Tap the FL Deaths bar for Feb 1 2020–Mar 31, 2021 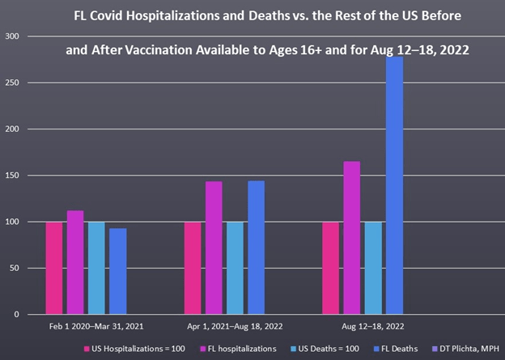(x=118, y=271)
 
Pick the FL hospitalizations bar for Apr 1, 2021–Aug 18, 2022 (x=214, y=248)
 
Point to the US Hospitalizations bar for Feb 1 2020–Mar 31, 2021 (x=54, y=268)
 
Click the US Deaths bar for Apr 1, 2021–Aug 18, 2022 (x=235, y=268)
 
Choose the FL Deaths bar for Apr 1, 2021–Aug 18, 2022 (x=256, y=248)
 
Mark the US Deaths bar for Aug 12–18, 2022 (x=373, y=268)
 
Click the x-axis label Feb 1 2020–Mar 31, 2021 (x=86, y=327)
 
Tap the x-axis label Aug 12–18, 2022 (x=363, y=327)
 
